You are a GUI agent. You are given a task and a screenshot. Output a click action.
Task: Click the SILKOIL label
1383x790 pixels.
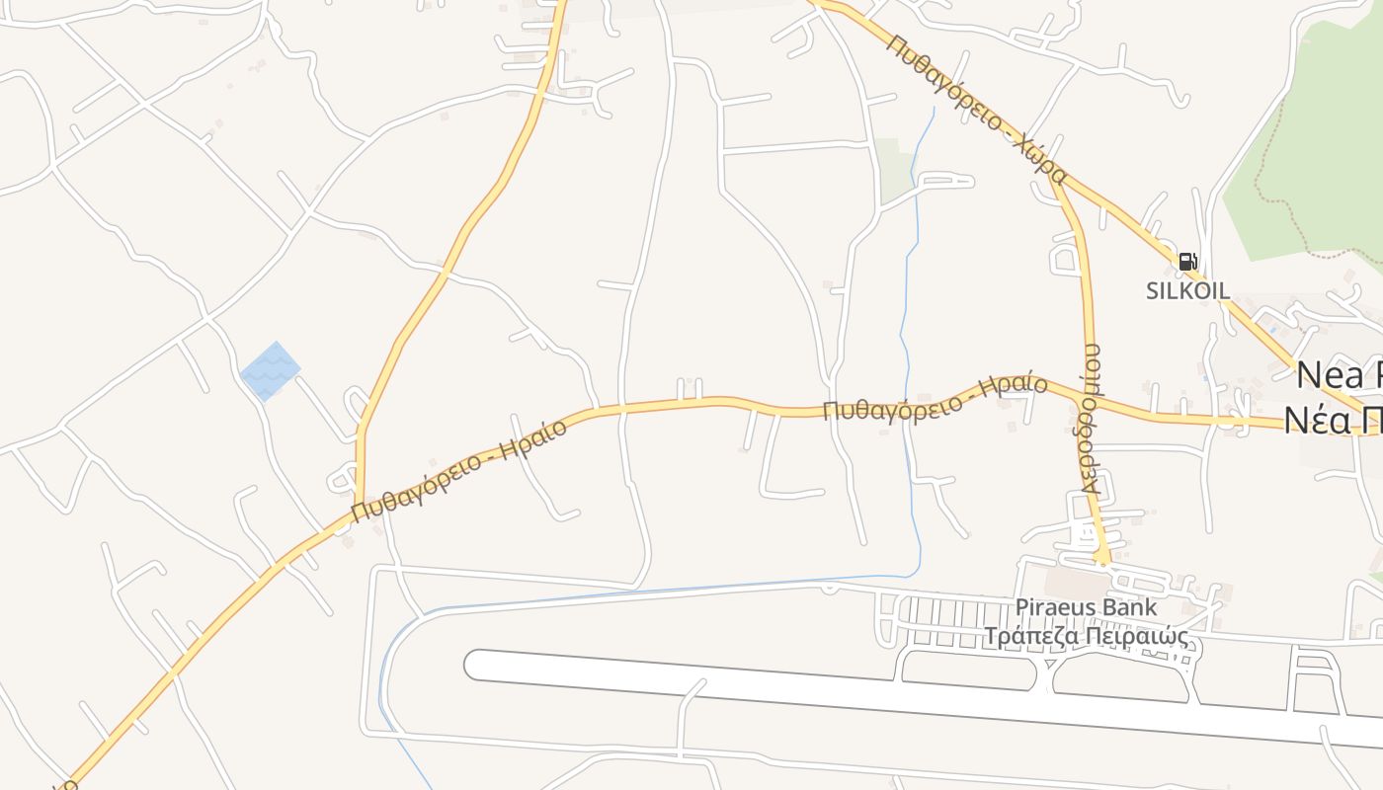pyautogui.click(x=1187, y=290)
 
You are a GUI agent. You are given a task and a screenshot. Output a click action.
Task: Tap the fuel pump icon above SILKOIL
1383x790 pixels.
pyautogui.click(x=1187, y=262)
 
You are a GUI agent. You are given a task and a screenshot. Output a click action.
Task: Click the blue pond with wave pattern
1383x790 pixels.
pyautogui.click(x=270, y=371)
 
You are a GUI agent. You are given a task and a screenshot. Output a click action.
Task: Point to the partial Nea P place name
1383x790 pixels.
pyautogui.click(x=1339, y=375)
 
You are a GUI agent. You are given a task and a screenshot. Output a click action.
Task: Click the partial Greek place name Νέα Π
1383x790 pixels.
pyautogui.click(x=1334, y=421)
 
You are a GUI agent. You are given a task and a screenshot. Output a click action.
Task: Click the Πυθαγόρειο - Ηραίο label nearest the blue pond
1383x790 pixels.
pyautogui.click(x=459, y=469)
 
